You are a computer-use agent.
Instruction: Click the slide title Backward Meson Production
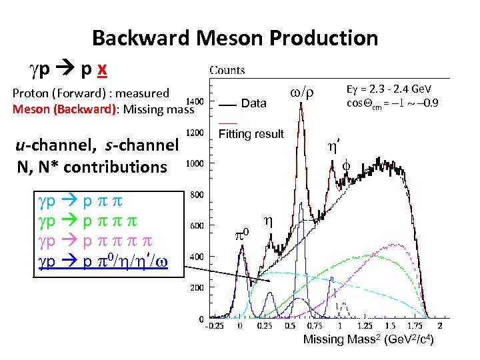(235, 38)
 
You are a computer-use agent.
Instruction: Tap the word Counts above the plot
(227, 70)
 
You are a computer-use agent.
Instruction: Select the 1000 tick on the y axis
(195, 163)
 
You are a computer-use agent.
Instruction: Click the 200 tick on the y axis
(197, 287)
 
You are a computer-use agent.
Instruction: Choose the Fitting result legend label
(251, 134)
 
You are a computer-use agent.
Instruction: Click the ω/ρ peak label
(303, 91)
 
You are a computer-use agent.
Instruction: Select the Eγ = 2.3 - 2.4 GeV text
(389, 89)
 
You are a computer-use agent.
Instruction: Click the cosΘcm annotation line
(392, 103)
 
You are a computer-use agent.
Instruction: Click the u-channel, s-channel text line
(98, 145)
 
